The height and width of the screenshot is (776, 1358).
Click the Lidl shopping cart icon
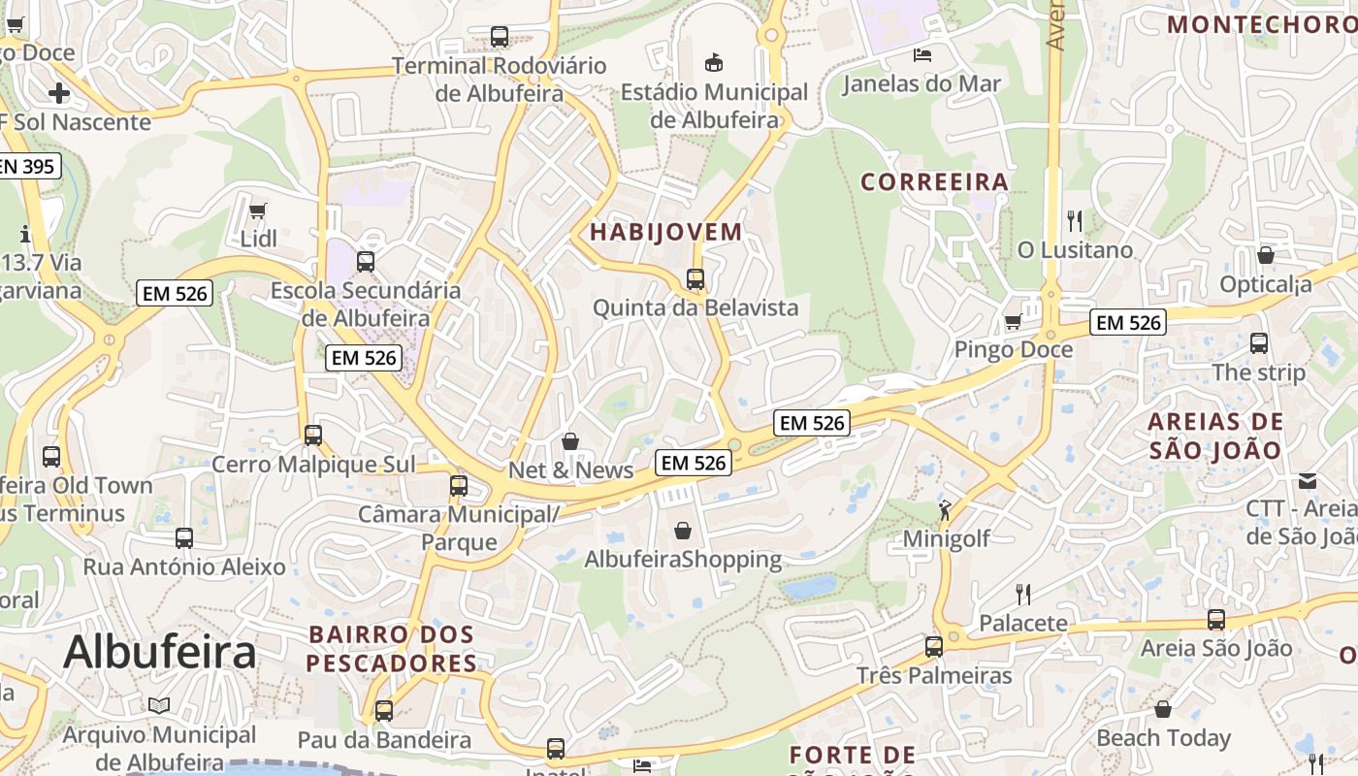pos(257,210)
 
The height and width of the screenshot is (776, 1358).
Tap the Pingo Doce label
pos(1014,349)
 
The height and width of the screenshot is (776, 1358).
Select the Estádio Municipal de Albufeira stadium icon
pos(714,62)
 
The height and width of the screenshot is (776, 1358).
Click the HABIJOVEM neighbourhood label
pos(665,232)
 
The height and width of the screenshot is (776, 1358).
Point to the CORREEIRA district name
pos(935,181)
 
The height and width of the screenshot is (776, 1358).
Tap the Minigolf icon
pos(945,509)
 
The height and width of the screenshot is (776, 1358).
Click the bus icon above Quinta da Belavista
pos(695,279)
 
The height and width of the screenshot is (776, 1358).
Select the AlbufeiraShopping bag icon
pos(683,531)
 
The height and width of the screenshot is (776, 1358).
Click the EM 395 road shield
pos(27,166)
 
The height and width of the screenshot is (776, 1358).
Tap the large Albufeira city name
pos(160,652)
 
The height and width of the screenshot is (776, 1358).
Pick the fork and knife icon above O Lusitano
pos(1074,221)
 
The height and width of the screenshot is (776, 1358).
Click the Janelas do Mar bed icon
pos(921,54)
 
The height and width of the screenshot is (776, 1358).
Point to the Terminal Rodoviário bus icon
pos(500,37)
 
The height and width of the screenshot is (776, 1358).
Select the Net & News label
pos(570,470)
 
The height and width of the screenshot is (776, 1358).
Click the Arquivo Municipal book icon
pos(159,706)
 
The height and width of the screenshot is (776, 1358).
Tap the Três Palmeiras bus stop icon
pos(933,646)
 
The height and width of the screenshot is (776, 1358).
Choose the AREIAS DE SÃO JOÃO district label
pos(1215,436)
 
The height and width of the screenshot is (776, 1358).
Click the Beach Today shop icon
pos(1162,709)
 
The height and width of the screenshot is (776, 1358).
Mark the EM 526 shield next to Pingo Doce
pos(1127,323)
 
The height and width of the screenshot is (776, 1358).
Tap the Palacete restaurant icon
pos(1022,594)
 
